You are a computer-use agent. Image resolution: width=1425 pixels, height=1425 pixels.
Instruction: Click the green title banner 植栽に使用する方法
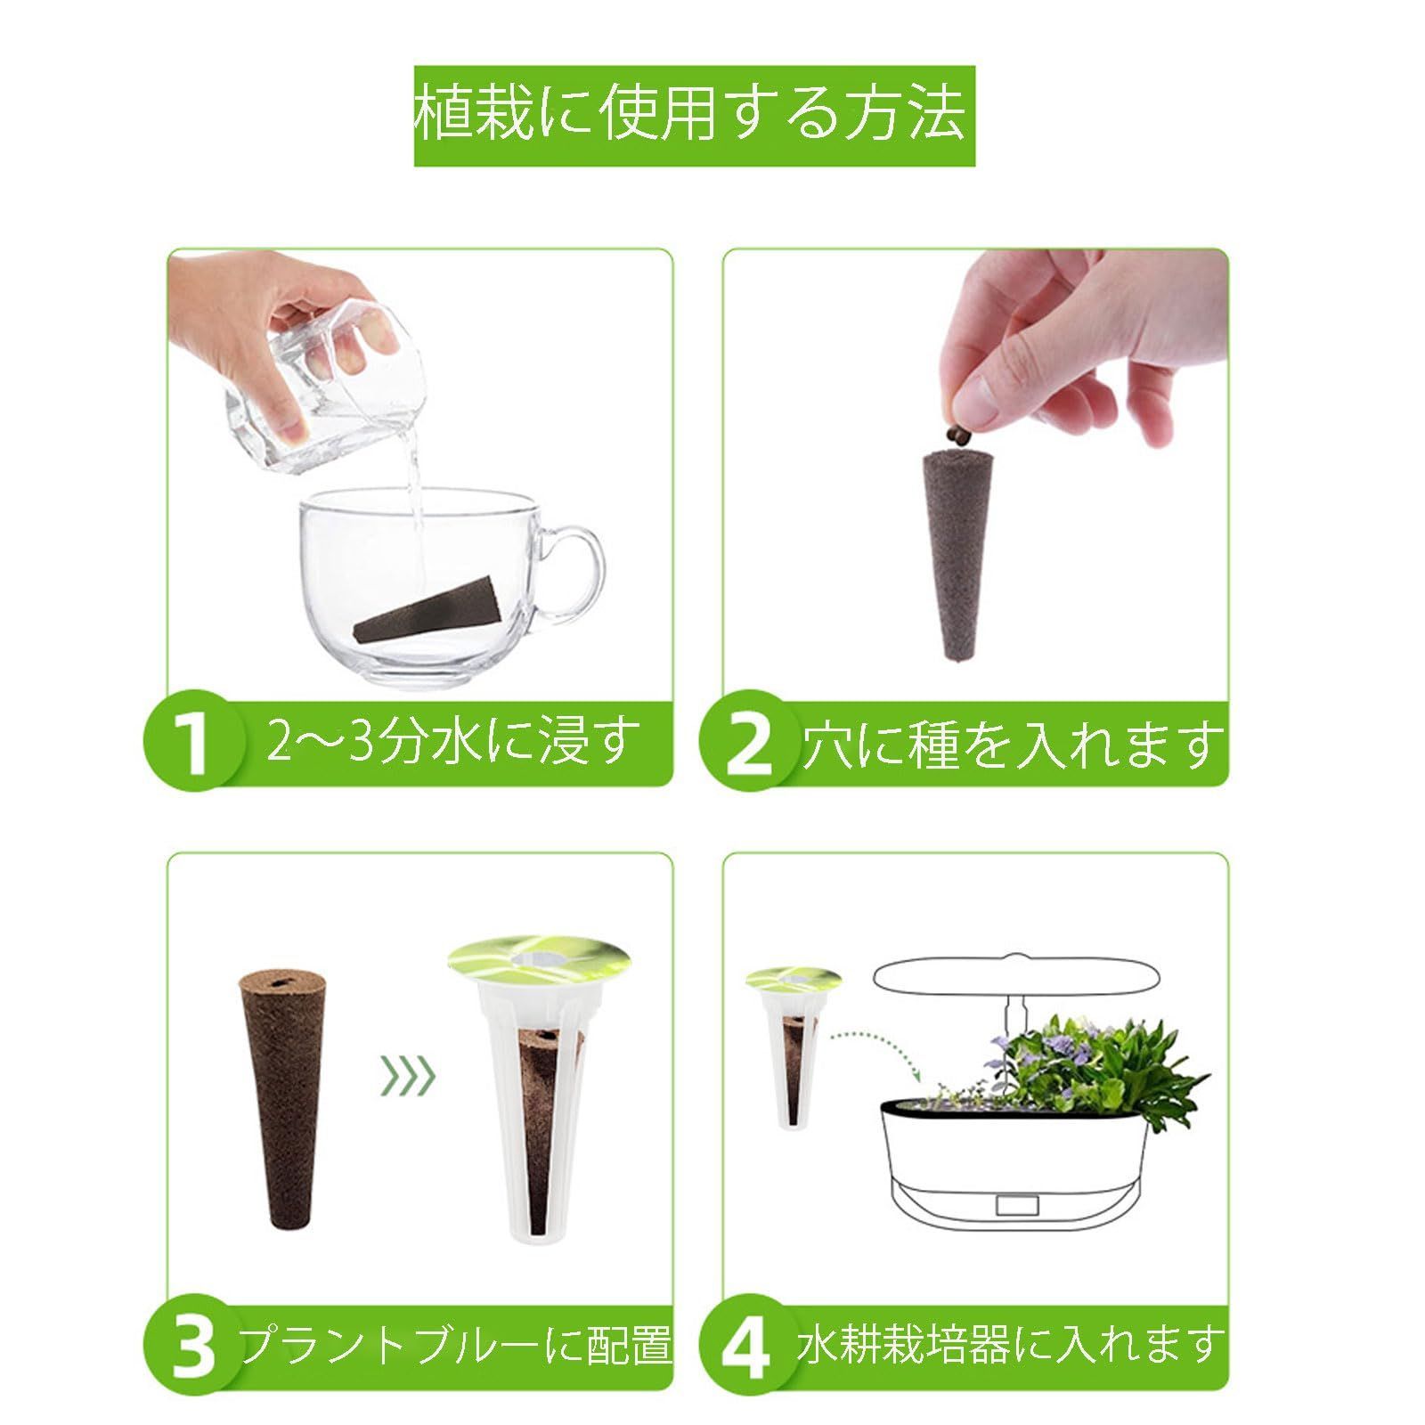[x=694, y=115]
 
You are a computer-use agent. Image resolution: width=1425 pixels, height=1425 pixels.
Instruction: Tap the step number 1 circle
[x=194, y=743]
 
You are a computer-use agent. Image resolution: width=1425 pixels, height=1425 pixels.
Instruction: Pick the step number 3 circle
[x=194, y=1344]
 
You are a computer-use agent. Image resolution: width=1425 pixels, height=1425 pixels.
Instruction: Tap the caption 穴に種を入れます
[x=1011, y=744]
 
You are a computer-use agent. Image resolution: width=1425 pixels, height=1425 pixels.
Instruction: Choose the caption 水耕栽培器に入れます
[x=1007, y=1344]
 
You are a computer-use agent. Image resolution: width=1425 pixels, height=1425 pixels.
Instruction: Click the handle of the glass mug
[x=578, y=570]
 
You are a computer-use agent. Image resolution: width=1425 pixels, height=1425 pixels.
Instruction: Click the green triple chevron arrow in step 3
[x=408, y=1077]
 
